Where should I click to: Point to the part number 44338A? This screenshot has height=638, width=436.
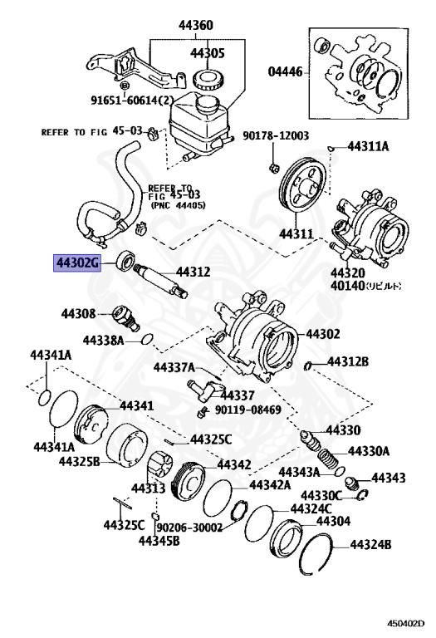click(103, 340)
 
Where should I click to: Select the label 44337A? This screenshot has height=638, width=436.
click(173, 366)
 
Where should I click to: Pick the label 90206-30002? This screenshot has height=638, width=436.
click(189, 527)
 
